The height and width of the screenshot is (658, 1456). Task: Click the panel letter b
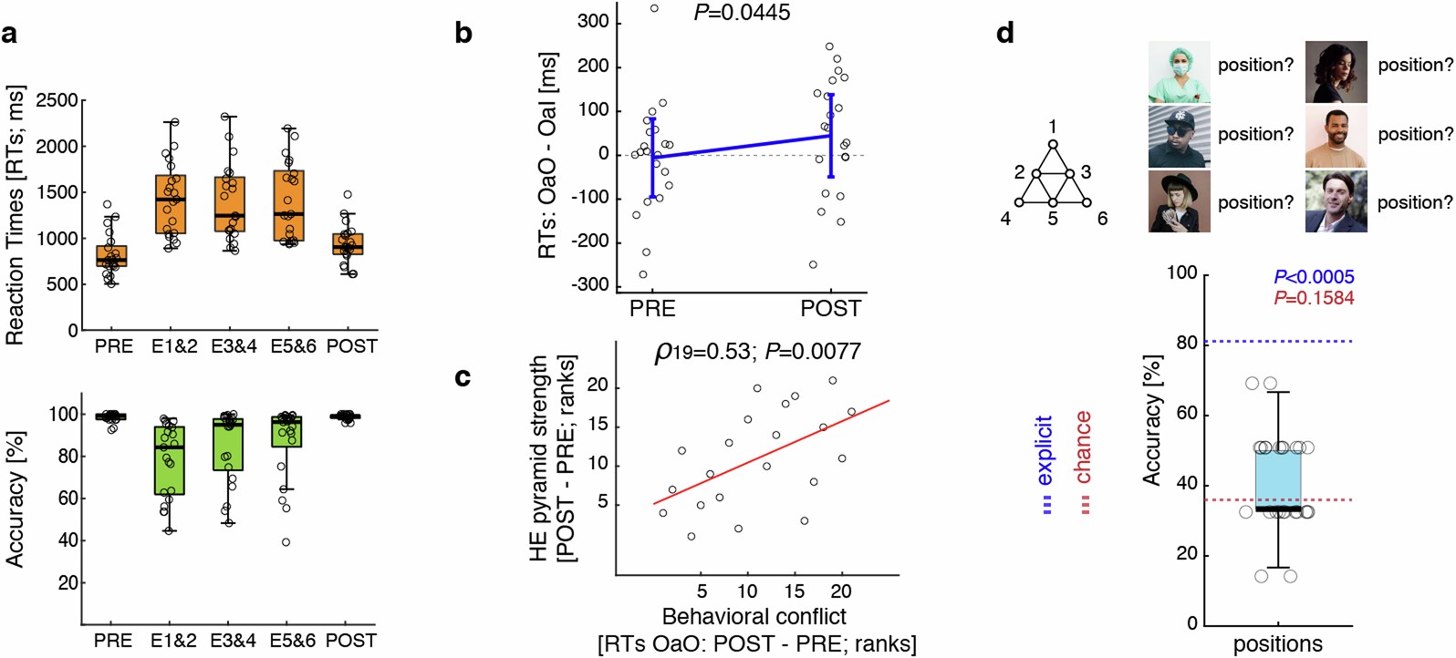[x=463, y=35]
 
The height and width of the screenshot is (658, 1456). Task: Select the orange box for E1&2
[x=170, y=204]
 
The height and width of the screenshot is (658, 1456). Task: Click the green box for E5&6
[x=288, y=432]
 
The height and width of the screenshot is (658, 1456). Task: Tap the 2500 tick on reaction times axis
[x=57, y=100]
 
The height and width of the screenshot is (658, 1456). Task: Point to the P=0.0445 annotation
[x=742, y=13]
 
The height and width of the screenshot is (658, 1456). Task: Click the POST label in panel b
[x=830, y=309]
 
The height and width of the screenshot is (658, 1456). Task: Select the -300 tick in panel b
[x=591, y=285]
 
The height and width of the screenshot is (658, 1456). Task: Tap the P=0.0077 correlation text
[x=813, y=351]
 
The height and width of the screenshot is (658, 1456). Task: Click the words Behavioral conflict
[x=754, y=616]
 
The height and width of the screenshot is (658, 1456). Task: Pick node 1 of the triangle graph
[x=1053, y=144]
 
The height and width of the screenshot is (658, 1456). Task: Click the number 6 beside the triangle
[x=1102, y=219]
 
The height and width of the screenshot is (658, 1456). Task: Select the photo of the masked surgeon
[x=1179, y=71]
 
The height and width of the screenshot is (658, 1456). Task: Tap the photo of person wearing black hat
[x=1179, y=201]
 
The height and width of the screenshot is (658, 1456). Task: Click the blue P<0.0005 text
[x=1314, y=277]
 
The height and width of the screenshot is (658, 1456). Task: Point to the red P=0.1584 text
[x=1314, y=298]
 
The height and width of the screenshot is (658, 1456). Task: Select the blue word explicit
[x=1045, y=450]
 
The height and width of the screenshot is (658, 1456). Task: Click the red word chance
[x=1083, y=447]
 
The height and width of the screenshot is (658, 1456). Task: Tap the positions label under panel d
[x=1277, y=644]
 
